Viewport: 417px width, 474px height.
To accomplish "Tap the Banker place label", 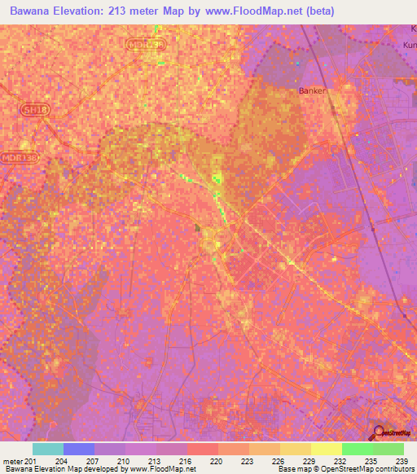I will pyautogui.click(x=313, y=90).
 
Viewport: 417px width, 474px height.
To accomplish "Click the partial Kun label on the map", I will pyautogui.click(x=409, y=45).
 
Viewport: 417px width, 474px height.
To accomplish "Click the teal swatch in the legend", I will pyautogui.click(x=48, y=449).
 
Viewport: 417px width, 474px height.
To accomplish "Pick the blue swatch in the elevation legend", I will pyautogui.click(x=79, y=449).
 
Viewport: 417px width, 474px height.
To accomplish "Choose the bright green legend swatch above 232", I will pyautogui.click(x=358, y=449).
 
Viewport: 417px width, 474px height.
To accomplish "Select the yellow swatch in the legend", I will pyautogui.click(x=327, y=449).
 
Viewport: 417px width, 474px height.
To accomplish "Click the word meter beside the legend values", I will pyautogui.click(x=12, y=461).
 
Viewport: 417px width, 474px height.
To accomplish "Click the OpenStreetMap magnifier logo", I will pyautogui.click(x=379, y=432).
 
